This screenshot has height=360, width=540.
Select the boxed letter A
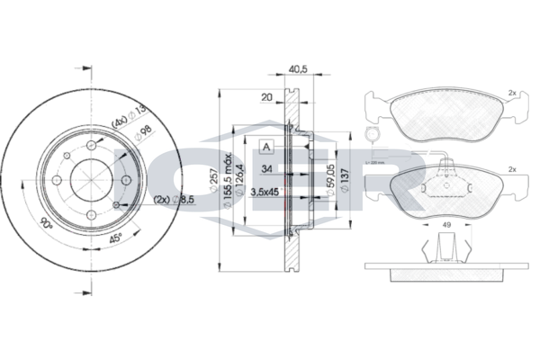pos(266,147)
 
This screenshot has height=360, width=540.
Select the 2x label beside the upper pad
pos(511,93)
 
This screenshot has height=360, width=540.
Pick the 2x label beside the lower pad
pos(511,168)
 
